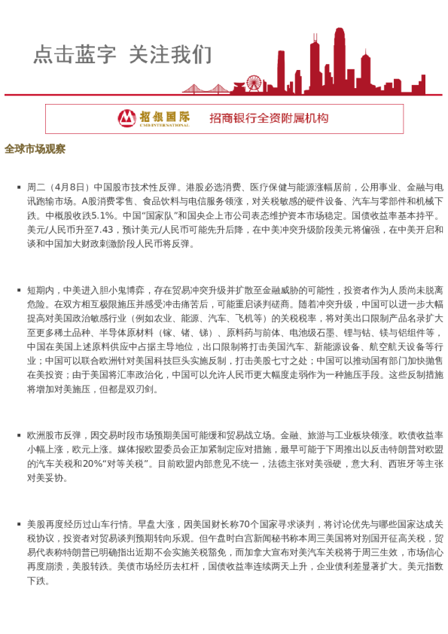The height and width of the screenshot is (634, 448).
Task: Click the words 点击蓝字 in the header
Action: [x=75, y=54]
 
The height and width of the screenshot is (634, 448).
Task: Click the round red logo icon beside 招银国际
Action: [x=126, y=118]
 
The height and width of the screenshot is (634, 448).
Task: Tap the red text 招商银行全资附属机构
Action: [x=269, y=118]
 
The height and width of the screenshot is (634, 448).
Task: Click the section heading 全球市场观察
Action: [x=35, y=148]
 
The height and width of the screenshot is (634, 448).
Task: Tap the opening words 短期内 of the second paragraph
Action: [x=40, y=289]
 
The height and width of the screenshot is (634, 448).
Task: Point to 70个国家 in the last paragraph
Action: [x=275, y=523]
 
